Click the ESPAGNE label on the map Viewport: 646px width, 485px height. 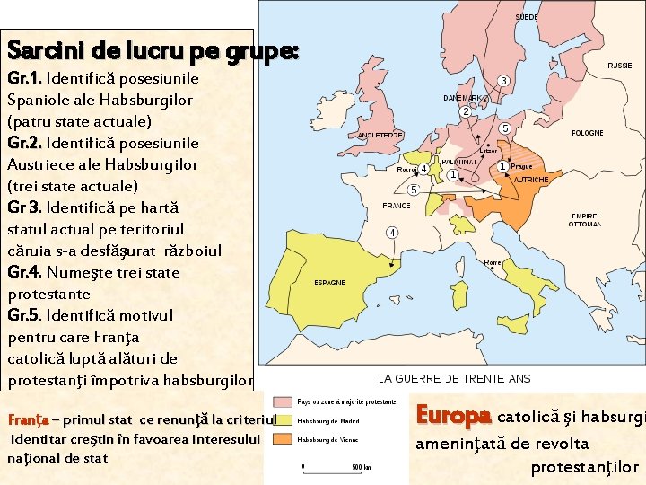point(329,282)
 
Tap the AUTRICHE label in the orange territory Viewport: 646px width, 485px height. point(531,180)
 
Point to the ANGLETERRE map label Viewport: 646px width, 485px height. point(380,135)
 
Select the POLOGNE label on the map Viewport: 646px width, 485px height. point(588,133)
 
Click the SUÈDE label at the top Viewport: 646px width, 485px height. point(527,17)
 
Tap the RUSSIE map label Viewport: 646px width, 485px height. point(620,66)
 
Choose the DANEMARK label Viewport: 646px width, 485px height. point(464,98)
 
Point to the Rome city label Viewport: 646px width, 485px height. point(493,262)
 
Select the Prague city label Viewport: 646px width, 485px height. point(522,167)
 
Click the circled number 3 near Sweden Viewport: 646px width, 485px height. point(504,81)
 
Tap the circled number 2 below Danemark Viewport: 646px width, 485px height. point(466,112)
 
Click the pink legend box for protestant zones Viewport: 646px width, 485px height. point(284,401)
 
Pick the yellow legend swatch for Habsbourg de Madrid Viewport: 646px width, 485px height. point(284,419)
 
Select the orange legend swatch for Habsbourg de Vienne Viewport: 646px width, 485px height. point(284,439)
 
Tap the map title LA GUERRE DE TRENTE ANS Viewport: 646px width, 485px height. point(454,379)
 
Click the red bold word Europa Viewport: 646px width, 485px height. point(453,416)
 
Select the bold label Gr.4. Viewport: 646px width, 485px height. point(25,272)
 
